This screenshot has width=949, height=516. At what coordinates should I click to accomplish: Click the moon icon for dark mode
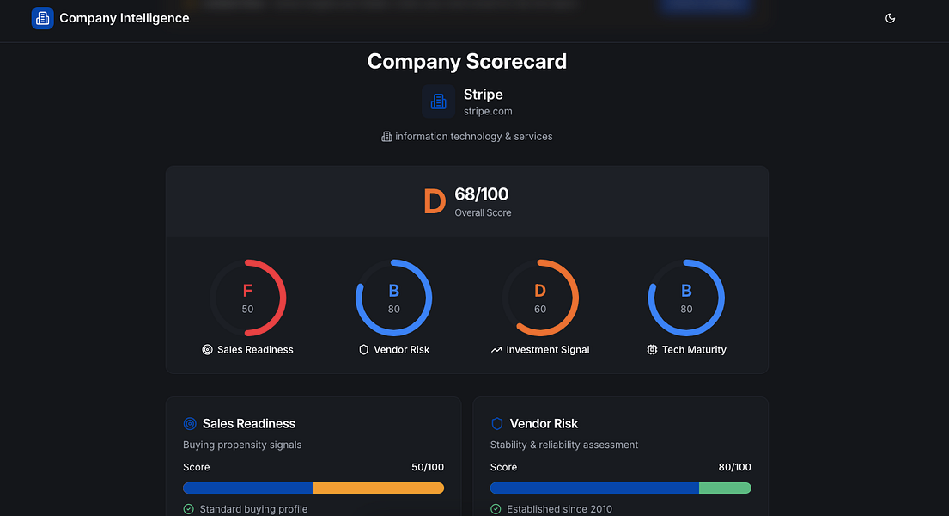point(890,18)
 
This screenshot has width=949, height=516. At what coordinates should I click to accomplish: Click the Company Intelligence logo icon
point(42,18)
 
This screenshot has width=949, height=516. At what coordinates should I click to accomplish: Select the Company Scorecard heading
point(466,62)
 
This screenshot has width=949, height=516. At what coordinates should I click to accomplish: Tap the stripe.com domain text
point(488,111)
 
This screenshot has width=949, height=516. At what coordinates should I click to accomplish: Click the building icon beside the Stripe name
point(438,101)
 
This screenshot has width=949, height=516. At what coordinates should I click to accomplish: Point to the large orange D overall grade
point(435,201)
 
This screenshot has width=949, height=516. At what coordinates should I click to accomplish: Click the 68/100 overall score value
point(482,194)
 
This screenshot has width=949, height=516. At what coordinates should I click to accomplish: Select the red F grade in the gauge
point(247,291)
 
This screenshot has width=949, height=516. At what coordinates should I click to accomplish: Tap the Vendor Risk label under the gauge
point(401,350)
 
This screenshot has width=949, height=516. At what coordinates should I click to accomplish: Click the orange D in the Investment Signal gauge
point(540,291)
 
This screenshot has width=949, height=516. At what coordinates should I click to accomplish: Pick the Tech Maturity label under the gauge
point(694,350)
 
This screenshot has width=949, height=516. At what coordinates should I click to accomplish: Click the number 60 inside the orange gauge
point(540,310)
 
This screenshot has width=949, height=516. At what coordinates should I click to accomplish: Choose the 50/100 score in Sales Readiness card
point(428,467)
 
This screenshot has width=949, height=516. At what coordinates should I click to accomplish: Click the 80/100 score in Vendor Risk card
point(734,467)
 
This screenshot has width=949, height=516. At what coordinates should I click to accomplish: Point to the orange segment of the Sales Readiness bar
point(378,488)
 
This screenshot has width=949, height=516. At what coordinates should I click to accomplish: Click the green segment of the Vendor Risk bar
point(725,488)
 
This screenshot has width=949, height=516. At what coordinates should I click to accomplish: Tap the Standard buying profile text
point(253,509)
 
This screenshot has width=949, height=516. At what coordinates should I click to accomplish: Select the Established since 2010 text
point(559,509)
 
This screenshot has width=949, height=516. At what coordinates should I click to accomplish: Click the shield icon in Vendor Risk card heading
point(496,424)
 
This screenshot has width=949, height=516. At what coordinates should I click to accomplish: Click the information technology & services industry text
point(473,137)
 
